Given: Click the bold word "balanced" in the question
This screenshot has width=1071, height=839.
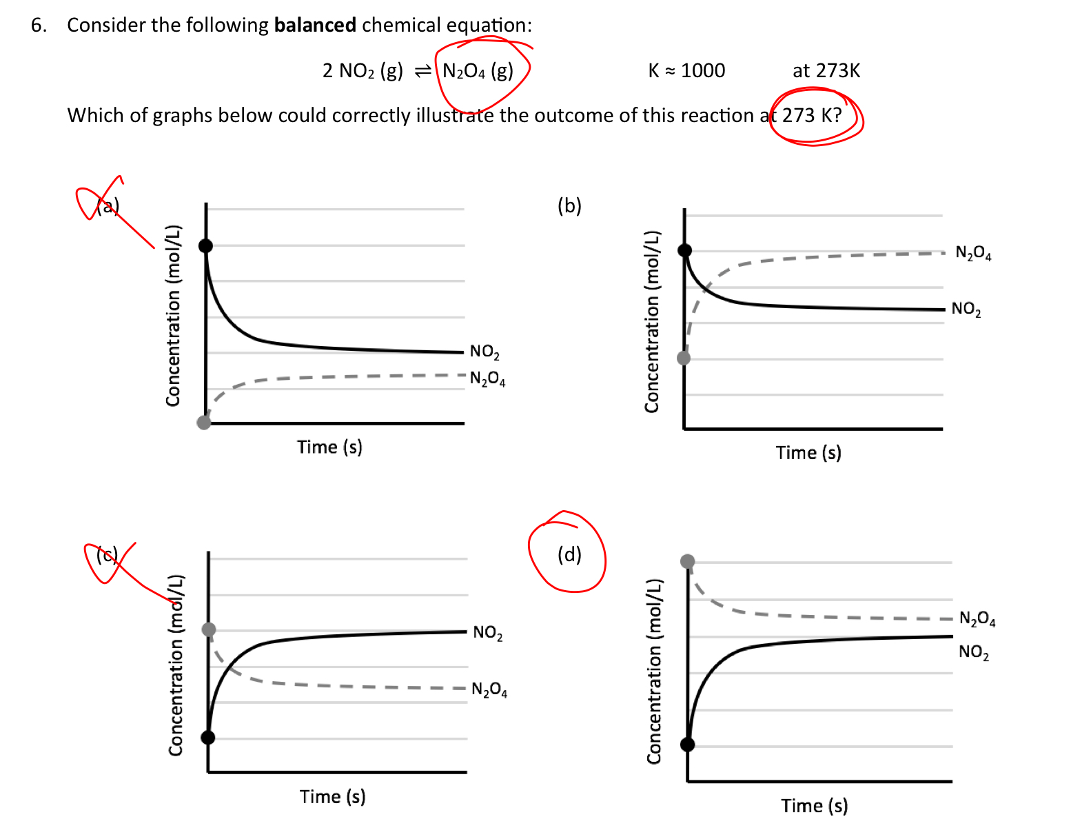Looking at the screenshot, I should (x=315, y=26).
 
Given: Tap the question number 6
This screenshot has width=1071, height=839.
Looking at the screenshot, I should (x=39, y=26).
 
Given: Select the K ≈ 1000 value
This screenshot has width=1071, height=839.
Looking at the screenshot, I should (x=686, y=70).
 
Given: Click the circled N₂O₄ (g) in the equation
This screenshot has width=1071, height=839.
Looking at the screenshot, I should (x=478, y=70).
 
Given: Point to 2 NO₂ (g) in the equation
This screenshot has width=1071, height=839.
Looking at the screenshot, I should (x=363, y=70).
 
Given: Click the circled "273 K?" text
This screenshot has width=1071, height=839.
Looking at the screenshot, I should (x=812, y=115).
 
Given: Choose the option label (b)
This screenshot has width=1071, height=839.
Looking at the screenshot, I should (x=569, y=205).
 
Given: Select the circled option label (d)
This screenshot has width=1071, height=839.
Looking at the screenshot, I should (x=569, y=554).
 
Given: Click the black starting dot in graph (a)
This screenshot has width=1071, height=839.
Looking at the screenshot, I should (x=205, y=245).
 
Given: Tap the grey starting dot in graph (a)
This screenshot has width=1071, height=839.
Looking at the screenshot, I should (x=204, y=422).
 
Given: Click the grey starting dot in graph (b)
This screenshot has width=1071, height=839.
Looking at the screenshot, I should (x=684, y=358).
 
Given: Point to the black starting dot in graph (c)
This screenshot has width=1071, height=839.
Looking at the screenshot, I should (x=208, y=738).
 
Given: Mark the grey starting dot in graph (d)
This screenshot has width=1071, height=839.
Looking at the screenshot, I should (x=688, y=561).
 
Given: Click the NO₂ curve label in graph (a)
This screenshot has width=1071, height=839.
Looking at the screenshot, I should (x=484, y=352).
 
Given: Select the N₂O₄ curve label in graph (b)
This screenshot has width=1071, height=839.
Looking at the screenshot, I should (x=973, y=253).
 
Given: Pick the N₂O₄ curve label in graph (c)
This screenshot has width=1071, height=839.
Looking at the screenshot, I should (x=489, y=689).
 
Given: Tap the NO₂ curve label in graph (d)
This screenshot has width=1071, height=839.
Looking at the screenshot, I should (x=973, y=652).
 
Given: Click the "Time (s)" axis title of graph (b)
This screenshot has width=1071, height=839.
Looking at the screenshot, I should (x=808, y=453).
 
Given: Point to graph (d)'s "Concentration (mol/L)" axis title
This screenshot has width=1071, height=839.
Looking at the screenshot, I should (x=653, y=671).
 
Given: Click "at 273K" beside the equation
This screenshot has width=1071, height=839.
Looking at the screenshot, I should (x=826, y=70).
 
